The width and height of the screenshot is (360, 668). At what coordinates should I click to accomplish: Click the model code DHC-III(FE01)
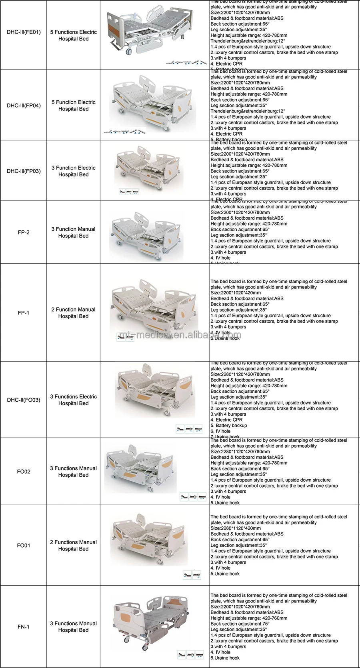click(24, 32)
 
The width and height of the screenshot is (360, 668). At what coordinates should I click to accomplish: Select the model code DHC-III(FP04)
click(24, 106)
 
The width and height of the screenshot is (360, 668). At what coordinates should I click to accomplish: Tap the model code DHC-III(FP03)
click(24, 171)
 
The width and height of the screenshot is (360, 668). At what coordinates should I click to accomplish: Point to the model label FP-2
click(24, 232)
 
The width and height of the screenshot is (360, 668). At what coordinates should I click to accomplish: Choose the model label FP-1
click(24, 313)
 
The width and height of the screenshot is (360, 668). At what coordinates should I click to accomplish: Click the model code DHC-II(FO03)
click(24, 400)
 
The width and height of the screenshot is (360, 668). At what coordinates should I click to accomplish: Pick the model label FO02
click(24, 472)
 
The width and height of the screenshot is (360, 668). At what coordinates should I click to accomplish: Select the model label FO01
click(24, 546)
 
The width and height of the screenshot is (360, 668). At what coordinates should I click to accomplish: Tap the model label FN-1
click(24, 627)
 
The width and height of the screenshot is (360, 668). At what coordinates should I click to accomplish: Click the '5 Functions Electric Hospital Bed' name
click(74, 35)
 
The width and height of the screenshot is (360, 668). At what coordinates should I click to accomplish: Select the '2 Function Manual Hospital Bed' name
click(74, 313)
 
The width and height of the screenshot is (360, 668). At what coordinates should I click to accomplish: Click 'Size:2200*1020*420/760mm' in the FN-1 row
click(240, 607)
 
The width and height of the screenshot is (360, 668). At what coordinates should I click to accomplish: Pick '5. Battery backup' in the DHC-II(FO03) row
click(231, 426)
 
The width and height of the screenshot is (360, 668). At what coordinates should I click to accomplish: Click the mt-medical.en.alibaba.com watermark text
click(180, 335)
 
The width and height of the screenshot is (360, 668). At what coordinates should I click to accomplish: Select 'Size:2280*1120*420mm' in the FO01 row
click(236, 528)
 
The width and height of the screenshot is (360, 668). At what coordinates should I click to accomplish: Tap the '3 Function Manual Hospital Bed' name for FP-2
click(74, 232)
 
